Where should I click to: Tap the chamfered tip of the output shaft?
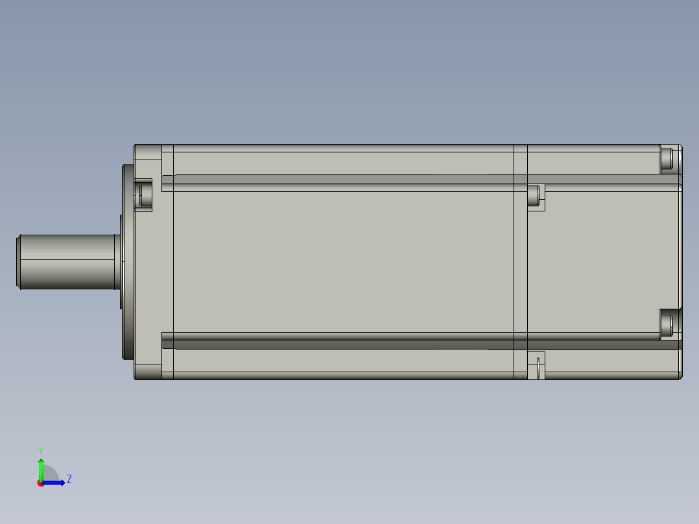(x=18, y=261)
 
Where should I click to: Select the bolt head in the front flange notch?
(x=141, y=193)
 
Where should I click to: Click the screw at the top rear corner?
(x=667, y=159)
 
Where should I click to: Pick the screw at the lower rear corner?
(x=667, y=323)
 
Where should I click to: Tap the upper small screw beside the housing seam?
(x=534, y=195)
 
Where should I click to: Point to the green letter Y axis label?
(x=40, y=450)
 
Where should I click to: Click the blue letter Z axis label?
(x=69, y=480)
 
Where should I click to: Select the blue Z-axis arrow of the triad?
(x=55, y=482)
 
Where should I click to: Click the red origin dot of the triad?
(x=40, y=483)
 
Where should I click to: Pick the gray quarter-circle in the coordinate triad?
(x=51, y=475)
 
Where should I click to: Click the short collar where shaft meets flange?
(x=118, y=261)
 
